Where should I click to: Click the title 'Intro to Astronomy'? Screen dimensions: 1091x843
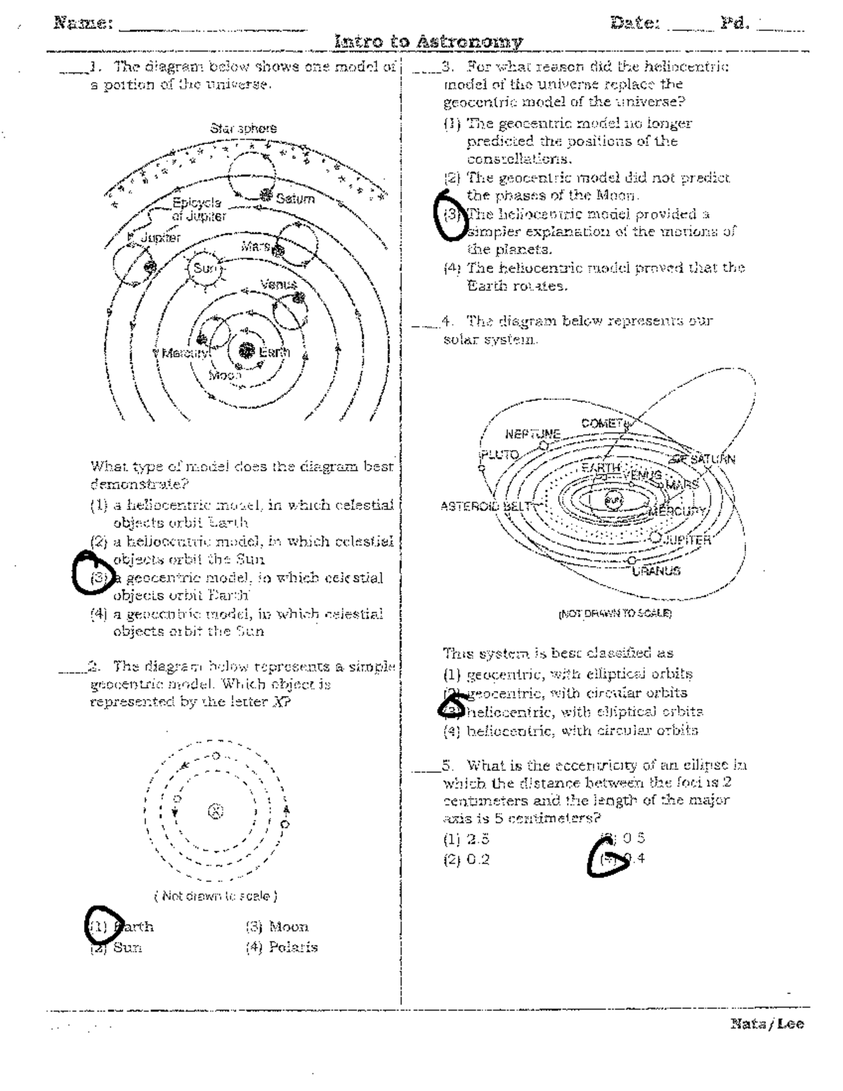point(429,41)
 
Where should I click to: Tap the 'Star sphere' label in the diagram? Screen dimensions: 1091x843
point(243,129)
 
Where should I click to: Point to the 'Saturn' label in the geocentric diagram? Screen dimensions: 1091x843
point(295,199)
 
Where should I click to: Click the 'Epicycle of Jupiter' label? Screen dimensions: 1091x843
point(199,210)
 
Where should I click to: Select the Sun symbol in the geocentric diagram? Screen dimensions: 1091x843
point(204,268)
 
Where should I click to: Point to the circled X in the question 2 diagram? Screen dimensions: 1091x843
point(216,811)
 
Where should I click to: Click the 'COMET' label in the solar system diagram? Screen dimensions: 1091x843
point(602,423)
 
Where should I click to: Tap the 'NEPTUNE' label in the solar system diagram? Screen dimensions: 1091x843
point(532,433)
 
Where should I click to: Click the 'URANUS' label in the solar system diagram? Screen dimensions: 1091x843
point(655,571)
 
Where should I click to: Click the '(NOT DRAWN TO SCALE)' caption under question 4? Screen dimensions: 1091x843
point(615,613)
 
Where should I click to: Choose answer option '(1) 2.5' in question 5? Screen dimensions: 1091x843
point(466,839)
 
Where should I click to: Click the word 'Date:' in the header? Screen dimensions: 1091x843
point(635,23)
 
